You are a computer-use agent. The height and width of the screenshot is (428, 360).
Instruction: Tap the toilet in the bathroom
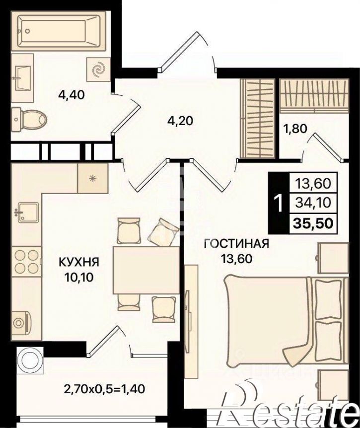(x=29, y=119)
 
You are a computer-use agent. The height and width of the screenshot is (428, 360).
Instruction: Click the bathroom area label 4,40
(x=72, y=95)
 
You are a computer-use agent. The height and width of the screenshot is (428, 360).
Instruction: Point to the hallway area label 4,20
(x=180, y=120)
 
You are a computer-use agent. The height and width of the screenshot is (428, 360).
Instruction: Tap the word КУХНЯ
(x=79, y=262)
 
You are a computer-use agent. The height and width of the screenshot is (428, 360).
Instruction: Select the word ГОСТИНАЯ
(x=237, y=243)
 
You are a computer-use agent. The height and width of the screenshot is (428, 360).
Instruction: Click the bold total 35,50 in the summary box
(x=313, y=223)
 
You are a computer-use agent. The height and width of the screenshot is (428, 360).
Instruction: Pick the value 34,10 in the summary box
(x=313, y=203)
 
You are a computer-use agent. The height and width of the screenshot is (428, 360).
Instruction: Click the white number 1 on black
(x=279, y=204)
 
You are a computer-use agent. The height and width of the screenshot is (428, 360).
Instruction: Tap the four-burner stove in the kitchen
(x=26, y=261)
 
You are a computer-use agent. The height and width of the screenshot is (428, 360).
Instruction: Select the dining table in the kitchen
(x=146, y=270)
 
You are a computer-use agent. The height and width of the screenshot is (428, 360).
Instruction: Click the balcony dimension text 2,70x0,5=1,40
(x=104, y=388)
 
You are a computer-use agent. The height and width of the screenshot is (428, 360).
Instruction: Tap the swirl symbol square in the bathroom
(x=98, y=69)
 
